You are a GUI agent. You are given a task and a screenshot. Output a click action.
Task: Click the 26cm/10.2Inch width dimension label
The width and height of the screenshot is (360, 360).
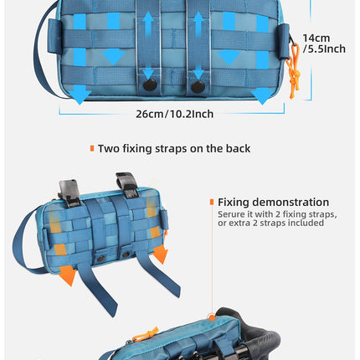pyautogui.click(x=175, y=114)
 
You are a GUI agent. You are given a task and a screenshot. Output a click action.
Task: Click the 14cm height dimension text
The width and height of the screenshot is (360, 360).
pyautogui.click(x=316, y=38)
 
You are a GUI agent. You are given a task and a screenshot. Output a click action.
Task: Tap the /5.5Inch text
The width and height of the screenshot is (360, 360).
pyautogui.click(x=324, y=49)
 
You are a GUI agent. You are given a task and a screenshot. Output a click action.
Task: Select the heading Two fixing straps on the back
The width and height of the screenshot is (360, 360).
pyautogui.click(x=174, y=148)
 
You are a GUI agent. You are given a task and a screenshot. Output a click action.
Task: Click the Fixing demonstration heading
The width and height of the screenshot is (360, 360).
pyautogui.click(x=273, y=202)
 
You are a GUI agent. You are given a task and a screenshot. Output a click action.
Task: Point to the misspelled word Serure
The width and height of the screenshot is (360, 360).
pyautogui.click(x=230, y=214)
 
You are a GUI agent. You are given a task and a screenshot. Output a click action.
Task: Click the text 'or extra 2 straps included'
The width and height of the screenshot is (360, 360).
pyautogui.click(x=270, y=223)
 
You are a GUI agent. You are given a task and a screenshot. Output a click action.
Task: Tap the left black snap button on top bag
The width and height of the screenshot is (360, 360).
pyautogui.click(x=150, y=85)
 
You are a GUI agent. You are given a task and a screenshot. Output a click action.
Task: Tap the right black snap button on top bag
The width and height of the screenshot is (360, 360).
pyautogui.click(x=198, y=87)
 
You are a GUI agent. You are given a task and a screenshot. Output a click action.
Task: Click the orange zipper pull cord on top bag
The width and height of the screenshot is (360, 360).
pyautogui.click(x=294, y=73)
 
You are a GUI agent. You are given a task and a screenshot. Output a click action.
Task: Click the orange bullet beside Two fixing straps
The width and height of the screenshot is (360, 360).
pyautogui.click(x=92, y=148)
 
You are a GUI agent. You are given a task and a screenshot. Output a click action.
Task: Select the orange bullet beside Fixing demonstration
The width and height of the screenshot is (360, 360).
pyautogui.click(x=212, y=202)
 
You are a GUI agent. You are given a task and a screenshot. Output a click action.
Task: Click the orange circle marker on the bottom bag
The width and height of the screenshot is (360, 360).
pyautogui.click(x=212, y=317)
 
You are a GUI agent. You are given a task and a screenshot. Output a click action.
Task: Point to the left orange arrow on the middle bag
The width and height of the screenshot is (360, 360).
pyautogui.click(x=67, y=275)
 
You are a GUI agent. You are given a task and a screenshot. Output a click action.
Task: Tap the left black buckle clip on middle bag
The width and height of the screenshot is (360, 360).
pyautogui.click(x=69, y=193)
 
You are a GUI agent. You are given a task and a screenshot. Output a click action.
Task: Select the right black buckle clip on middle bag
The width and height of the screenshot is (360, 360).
pyautogui.click(x=127, y=185)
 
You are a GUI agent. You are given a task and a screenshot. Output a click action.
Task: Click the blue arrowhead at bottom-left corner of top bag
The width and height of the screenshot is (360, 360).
pyautogui.click(x=80, y=95)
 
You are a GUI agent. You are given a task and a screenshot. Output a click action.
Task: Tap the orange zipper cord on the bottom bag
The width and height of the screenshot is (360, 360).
pyautogui.click(x=145, y=334)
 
